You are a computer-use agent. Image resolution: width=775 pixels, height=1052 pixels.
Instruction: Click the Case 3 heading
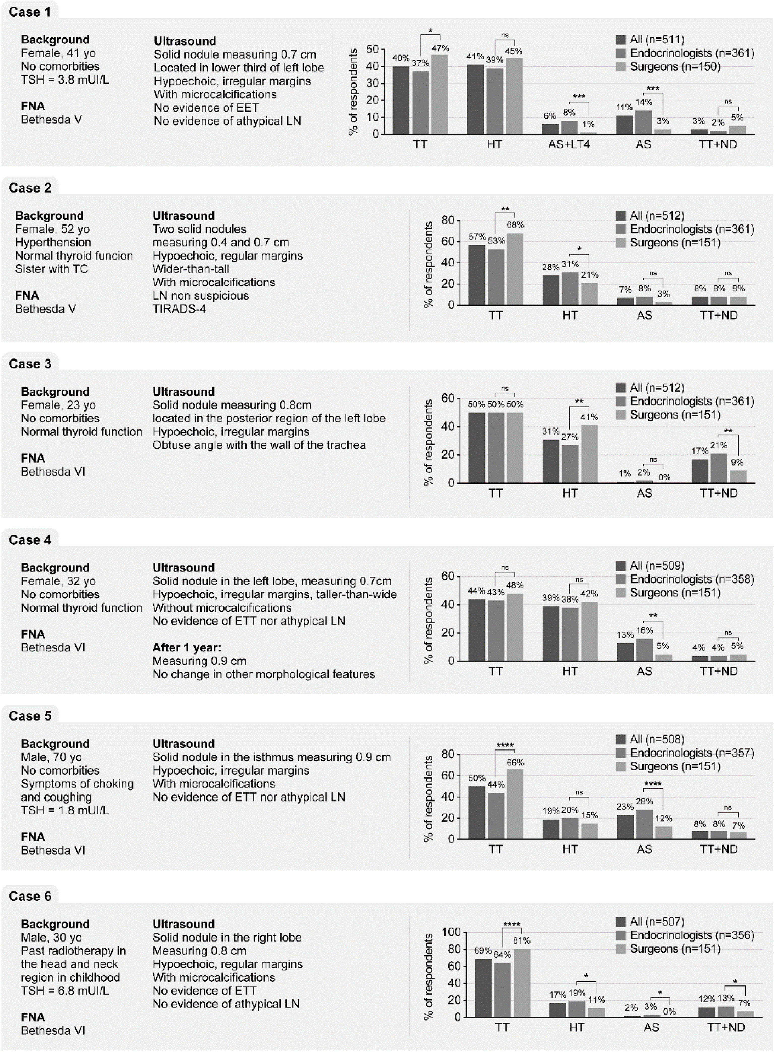(30, 364)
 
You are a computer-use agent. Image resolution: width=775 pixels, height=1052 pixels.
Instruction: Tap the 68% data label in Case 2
(515, 225)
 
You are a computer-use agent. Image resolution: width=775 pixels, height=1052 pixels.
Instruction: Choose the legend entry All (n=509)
(657, 566)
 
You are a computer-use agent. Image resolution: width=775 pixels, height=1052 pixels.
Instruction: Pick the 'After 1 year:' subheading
(187, 648)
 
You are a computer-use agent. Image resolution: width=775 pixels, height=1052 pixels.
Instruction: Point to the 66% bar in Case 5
(515, 804)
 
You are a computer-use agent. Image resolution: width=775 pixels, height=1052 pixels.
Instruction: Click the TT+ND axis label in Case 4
(719, 671)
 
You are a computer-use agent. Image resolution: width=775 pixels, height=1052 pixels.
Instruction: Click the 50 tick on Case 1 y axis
(373, 49)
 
